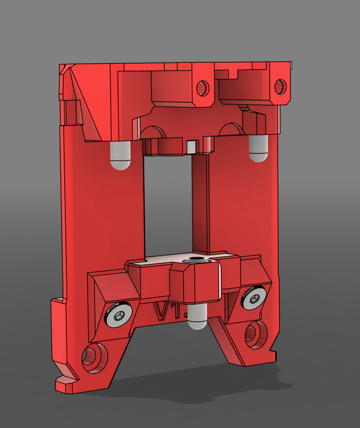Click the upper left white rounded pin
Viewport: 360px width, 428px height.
coord(120,156)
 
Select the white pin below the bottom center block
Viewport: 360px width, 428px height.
coord(198,317)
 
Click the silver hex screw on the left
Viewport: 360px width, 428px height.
coord(119,314)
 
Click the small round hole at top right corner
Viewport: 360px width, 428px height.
coord(280,86)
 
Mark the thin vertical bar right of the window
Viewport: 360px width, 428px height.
coord(201,205)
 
